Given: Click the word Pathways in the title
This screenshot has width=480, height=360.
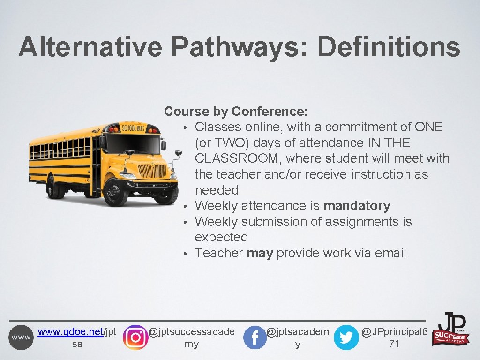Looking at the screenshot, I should coord(240,47).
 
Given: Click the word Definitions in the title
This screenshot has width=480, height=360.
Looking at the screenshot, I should coord(389,47).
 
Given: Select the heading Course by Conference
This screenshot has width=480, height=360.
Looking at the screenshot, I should coord(236,112).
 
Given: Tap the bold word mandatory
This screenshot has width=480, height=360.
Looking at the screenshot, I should coord(357,206).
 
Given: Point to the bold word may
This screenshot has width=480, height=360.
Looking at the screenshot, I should coord(259,253).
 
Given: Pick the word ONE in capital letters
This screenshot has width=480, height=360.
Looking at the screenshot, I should coord(428,127).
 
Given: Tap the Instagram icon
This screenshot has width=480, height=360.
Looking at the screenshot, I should coord(135,337).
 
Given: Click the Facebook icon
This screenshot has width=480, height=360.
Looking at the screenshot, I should coord(255,337).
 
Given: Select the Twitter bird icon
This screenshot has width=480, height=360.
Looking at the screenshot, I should coord(346,337).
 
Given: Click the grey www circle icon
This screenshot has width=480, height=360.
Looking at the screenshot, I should coord(21,337).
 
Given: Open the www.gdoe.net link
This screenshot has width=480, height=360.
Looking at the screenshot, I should coord(70,332).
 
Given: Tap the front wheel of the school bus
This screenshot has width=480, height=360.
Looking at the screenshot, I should coord(116,191).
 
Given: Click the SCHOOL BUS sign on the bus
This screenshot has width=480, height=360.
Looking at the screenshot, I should coord(134,127).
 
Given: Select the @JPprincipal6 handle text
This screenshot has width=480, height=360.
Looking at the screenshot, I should coord(394,332).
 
